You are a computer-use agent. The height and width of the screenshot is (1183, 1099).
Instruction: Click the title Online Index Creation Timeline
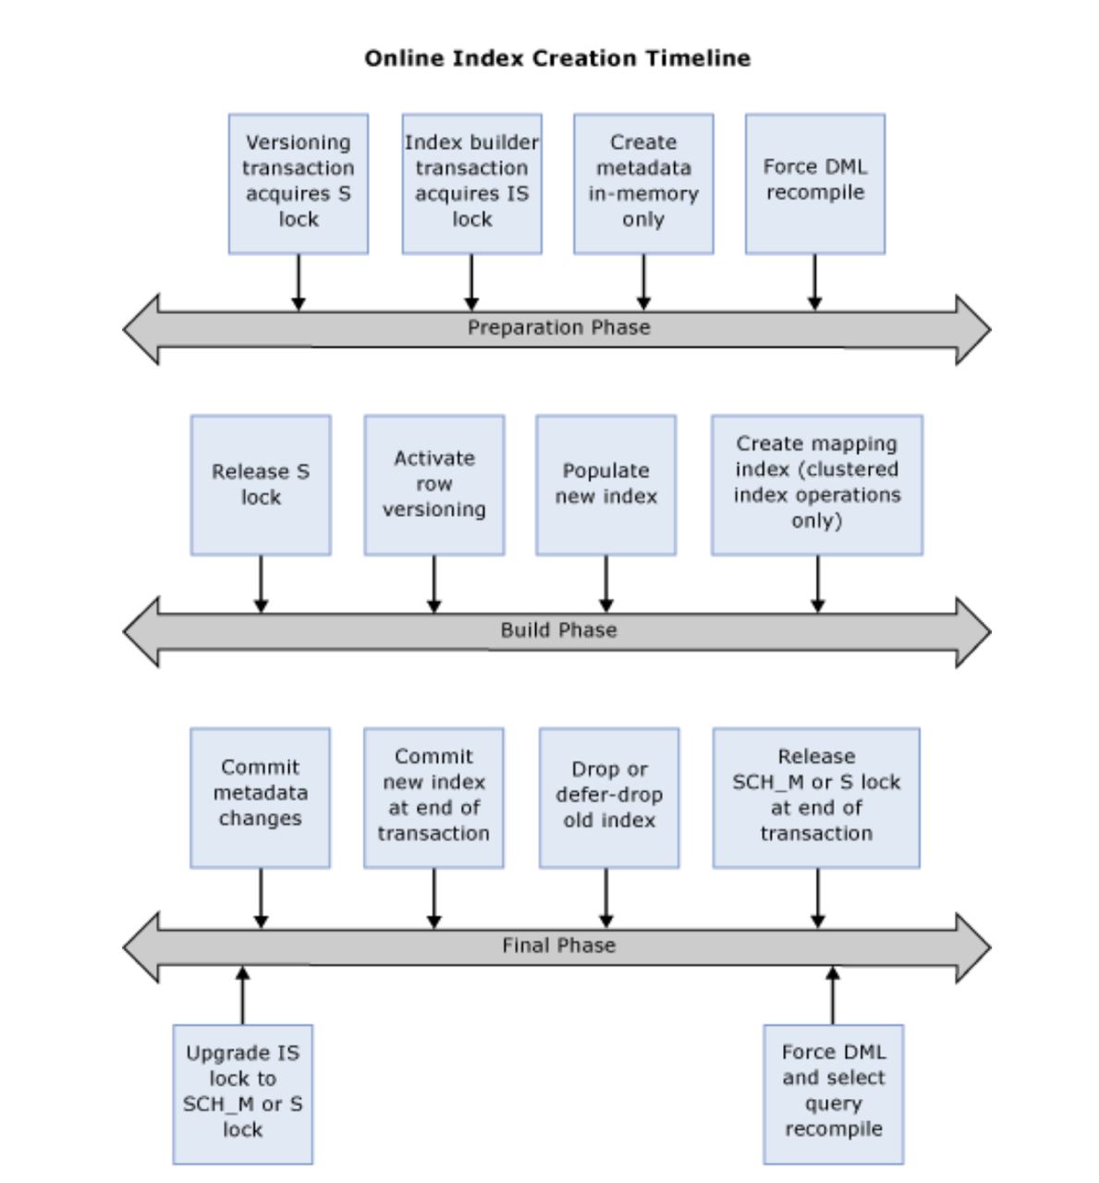pyautogui.click(x=557, y=58)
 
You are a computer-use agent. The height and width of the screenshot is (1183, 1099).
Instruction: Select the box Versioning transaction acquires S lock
pyautogui.click(x=298, y=184)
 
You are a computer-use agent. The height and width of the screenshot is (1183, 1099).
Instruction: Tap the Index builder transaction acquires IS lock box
pyautogui.click(x=471, y=184)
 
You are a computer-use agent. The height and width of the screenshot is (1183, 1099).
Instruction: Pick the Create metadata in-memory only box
pyautogui.click(x=643, y=184)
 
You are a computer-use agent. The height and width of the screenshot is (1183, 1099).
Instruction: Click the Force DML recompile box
pyautogui.click(x=814, y=184)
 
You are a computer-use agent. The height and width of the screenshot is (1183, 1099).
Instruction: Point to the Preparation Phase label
pyautogui.click(x=558, y=327)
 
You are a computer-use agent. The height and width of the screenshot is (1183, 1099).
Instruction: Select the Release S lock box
pyautogui.click(x=261, y=485)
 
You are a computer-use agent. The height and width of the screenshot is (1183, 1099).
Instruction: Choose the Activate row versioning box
pyautogui.click(x=433, y=485)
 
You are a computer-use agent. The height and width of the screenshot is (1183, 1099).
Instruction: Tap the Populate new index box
pyautogui.click(x=605, y=485)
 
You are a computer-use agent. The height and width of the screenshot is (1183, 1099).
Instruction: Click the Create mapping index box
pyautogui.click(x=816, y=485)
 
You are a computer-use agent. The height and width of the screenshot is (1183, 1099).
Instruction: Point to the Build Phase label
pyautogui.click(x=558, y=630)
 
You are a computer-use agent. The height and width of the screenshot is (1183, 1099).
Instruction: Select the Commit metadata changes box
pyautogui.click(x=260, y=798)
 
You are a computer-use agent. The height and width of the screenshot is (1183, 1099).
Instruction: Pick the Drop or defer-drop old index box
pyautogui.click(x=608, y=798)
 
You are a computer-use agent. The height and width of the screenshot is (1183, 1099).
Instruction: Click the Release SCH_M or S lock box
pyautogui.click(x=816, y=798)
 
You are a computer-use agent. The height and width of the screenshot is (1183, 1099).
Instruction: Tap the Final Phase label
pyautogui.click(x=558, y=945)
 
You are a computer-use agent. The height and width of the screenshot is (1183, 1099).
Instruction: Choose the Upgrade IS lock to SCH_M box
pyautogui.click(x=242, y=1094)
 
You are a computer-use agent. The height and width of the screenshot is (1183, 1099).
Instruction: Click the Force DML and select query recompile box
pyautogui.click(x=833, y=1094)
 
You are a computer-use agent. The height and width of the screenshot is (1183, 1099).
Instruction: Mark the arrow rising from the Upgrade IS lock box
pyautogui.click(x=242, y=995)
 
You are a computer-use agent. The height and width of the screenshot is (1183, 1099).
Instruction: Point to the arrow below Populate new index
pyautogui.click(x=606, y=584)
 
